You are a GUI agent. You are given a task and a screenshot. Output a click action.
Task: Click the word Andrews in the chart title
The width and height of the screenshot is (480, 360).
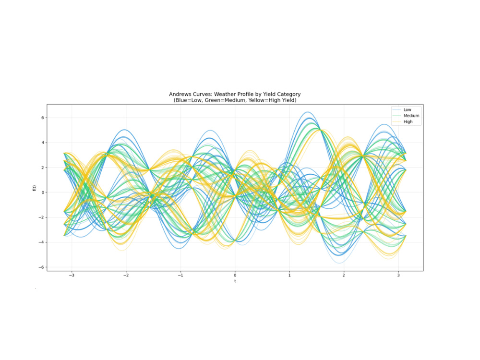179,94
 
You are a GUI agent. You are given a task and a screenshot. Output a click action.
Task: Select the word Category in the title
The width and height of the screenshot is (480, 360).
288,95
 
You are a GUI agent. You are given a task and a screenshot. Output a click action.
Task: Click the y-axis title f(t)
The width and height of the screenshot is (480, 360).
34,188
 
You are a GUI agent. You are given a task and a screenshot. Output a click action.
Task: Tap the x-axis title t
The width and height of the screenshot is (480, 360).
235,281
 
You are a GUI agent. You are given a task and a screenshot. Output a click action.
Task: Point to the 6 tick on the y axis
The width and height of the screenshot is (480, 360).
43,118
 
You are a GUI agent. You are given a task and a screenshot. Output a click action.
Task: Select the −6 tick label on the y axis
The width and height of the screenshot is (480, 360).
41,267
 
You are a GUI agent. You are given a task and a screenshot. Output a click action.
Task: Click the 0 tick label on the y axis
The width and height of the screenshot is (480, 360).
43,192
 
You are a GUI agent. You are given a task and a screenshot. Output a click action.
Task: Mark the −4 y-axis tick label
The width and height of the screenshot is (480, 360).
41,242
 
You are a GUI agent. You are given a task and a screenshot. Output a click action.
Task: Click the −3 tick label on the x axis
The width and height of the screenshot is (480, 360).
72,275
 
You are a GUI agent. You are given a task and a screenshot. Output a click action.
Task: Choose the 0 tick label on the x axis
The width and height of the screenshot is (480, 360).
235,275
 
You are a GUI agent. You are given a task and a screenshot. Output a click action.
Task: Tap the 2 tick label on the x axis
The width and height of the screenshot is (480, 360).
344,275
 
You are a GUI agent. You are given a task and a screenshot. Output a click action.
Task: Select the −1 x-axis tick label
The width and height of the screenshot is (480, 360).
180,275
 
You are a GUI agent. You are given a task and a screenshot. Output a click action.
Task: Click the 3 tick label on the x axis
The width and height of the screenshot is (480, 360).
398,275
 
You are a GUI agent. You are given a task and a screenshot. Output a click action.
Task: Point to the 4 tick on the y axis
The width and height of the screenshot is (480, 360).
43,143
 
